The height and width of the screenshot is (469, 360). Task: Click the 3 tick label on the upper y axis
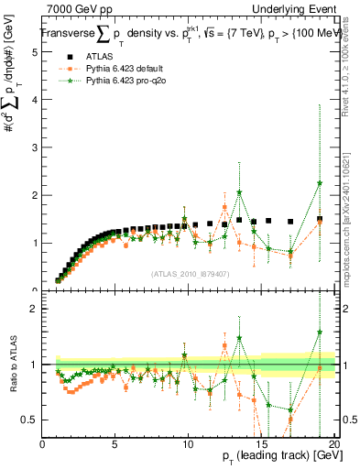point(34,147)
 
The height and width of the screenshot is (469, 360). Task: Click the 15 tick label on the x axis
point(262,442)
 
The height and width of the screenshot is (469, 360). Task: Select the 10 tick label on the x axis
point(189,442)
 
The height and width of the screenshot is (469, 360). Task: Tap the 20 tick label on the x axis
point(334,442)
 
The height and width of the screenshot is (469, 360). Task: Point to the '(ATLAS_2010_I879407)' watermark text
point(189,272)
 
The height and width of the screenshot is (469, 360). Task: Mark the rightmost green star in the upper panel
point(320,183)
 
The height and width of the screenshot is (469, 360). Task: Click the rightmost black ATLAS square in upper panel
point(320,219)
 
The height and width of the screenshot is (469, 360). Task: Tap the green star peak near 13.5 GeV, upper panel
point(239,192)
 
